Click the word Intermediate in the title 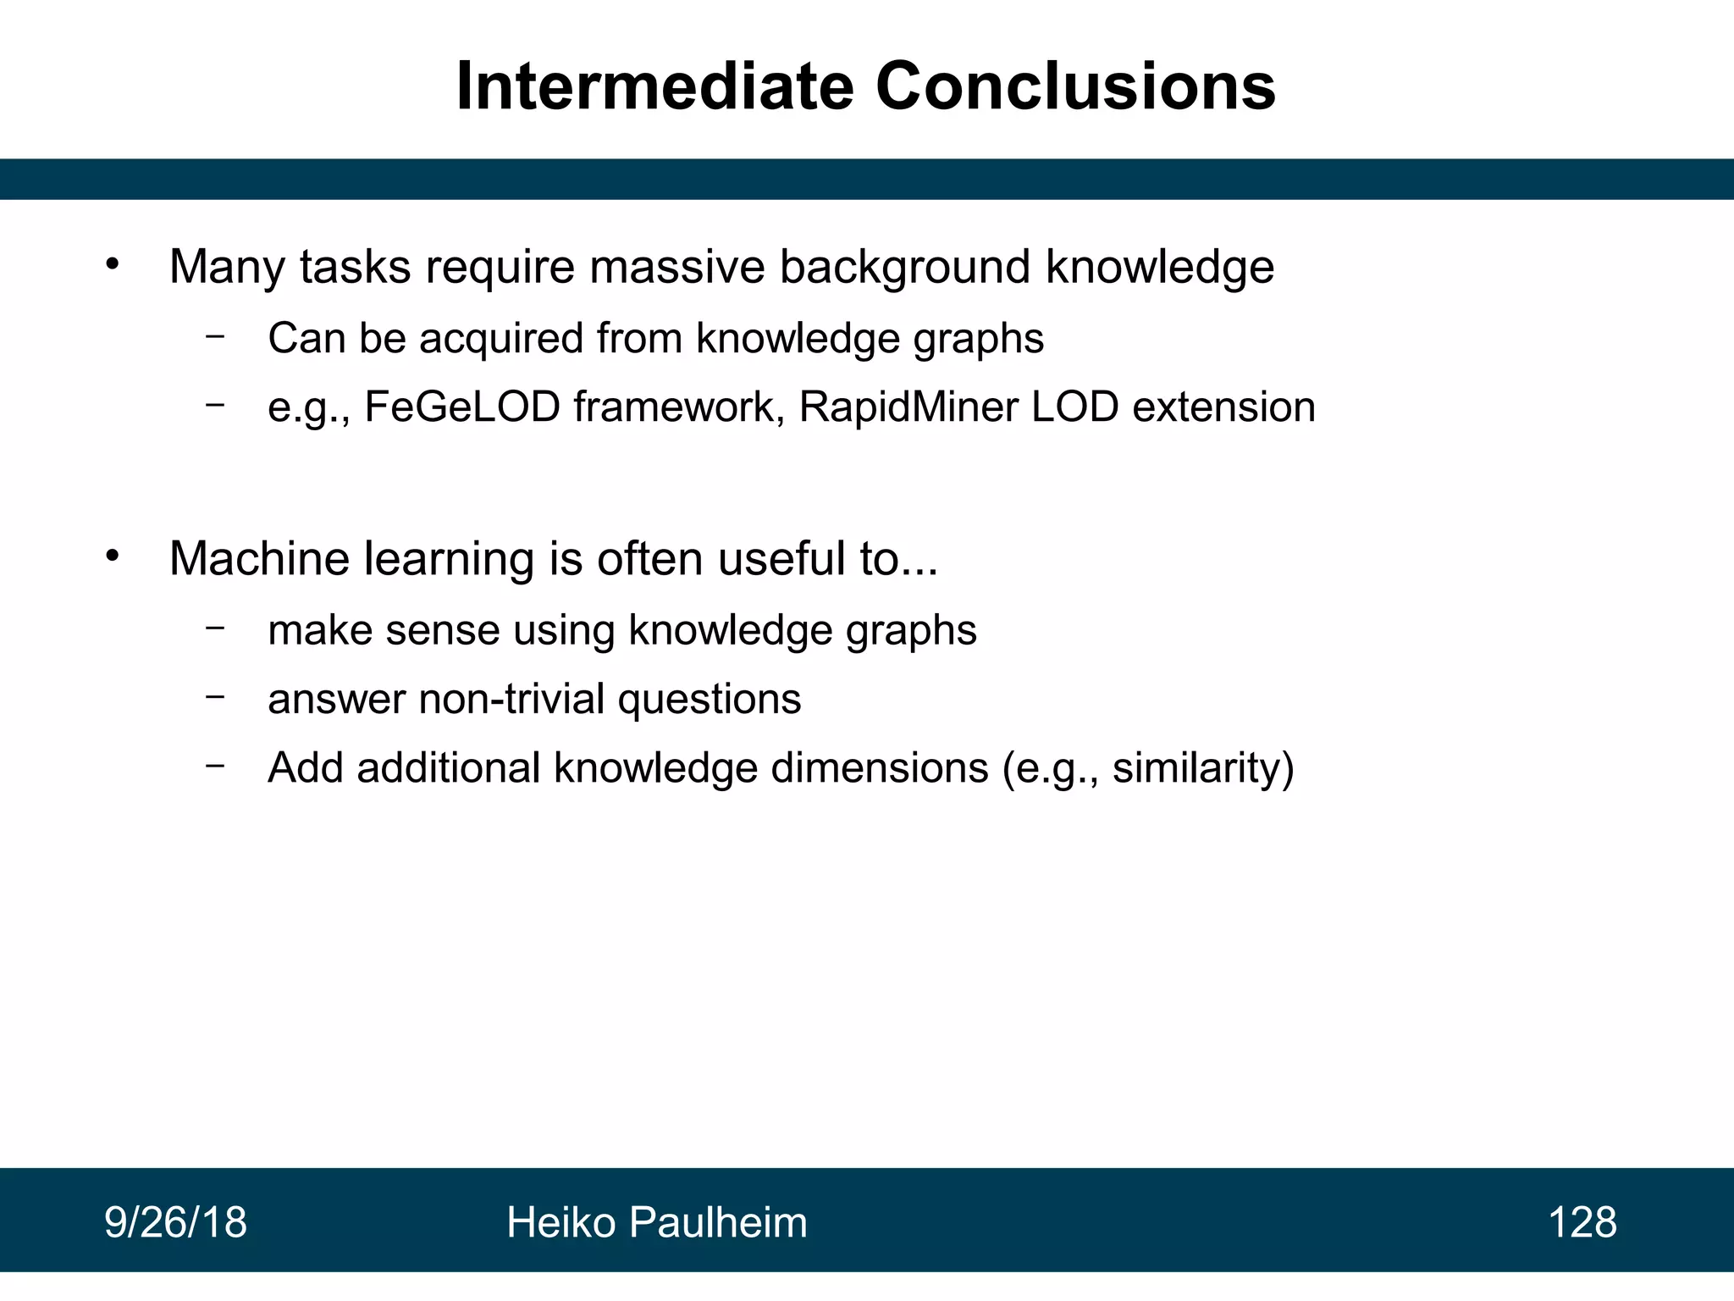(654, 86)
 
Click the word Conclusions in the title (1074, 86)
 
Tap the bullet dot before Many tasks (113, 265)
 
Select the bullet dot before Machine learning (113, 556)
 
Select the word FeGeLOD (462, 407)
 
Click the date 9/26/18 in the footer (176, 1222)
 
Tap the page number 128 (1582, 1222)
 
